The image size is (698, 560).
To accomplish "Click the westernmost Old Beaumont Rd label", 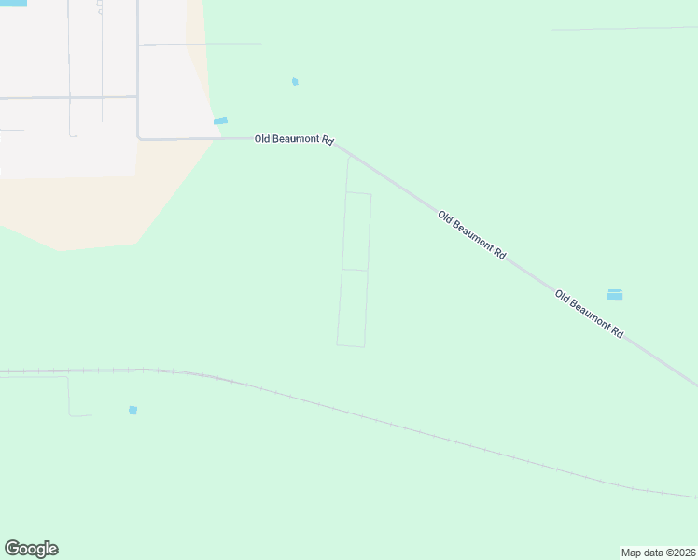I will coord(294,139).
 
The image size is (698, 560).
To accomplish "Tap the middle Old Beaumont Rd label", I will coord(472,235).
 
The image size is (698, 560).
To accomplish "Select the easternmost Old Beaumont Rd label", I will coord(589,314).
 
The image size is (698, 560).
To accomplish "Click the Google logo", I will coord(31,549).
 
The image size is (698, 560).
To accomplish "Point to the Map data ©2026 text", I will coord(659,553).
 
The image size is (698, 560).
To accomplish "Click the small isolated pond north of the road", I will coord(295,82).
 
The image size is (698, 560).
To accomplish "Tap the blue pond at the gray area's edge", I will coord(221,120).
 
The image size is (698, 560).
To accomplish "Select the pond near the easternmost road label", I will coord(615,295).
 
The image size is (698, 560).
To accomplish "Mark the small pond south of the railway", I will coord(133,411).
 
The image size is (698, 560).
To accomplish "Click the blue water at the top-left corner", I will coord(13,3).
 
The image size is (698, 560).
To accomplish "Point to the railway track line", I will coord(373,417).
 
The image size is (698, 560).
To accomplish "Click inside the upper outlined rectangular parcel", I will coord(356,231).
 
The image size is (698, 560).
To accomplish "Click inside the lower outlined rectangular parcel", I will coord(353,308).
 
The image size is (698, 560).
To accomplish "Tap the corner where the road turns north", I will coord(139,138).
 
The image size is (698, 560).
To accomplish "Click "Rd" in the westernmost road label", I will coord(328,140).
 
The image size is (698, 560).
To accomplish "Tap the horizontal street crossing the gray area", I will coord(65,96).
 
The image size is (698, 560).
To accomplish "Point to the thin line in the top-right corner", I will coord(625,29).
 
